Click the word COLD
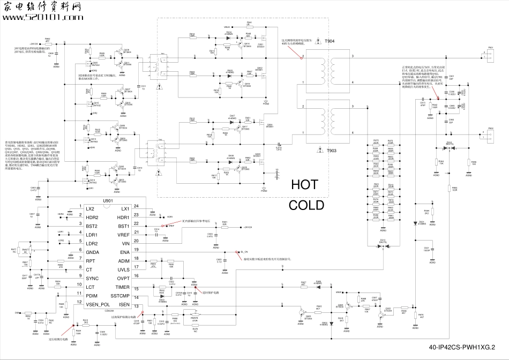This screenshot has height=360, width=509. [306, 205]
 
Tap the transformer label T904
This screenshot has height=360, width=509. [331, 41]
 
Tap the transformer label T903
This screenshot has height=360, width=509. [331, 151]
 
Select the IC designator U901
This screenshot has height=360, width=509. [107, 200]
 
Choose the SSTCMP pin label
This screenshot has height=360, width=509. [120, 296]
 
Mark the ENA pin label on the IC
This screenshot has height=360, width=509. [125, 252]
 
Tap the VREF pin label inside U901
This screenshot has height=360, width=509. [124, 235]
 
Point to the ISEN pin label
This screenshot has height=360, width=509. [124, 304]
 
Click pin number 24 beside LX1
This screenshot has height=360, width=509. [136, 206]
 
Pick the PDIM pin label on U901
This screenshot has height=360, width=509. [92, 296]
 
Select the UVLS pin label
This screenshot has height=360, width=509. [124, 269]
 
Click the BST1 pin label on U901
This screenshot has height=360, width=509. [124, 226]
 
